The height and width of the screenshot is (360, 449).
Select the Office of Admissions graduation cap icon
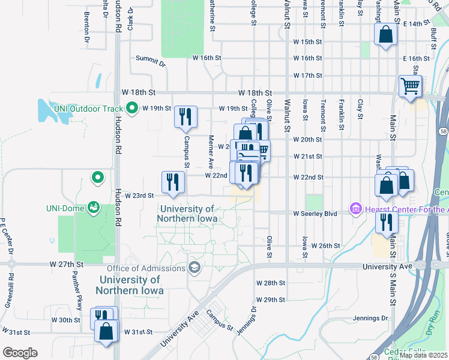click(x=194, y=267)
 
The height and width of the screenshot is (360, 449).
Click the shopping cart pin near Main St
click(x=411, y=87)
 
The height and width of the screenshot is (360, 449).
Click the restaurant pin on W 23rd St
click(x=173, y=183)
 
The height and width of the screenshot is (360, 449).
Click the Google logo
click(x=20, y=352)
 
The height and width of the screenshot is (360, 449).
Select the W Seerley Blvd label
click(x=316, y=214)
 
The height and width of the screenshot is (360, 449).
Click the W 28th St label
click(x=270, y=283)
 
